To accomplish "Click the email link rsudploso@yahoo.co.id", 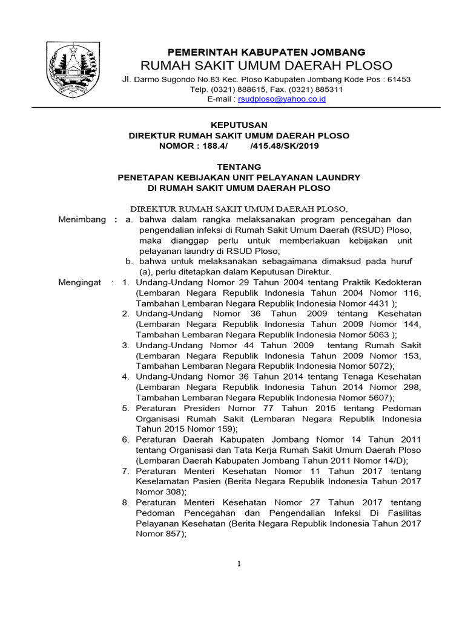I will click(x=282, y=99).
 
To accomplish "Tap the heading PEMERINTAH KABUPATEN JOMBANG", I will click(x=266, y=52).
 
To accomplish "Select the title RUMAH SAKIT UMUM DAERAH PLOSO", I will click(x=266, y=65).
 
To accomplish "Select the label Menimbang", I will click(x=82, y=219).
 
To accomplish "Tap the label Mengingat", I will click(x=79, y=282).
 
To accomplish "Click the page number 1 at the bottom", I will click(x=239, y=564).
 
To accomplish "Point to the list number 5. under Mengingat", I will click(x=125, y=408).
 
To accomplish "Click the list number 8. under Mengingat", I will click(x=125, y=502).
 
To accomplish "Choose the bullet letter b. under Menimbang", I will click(x=129, y=261).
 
